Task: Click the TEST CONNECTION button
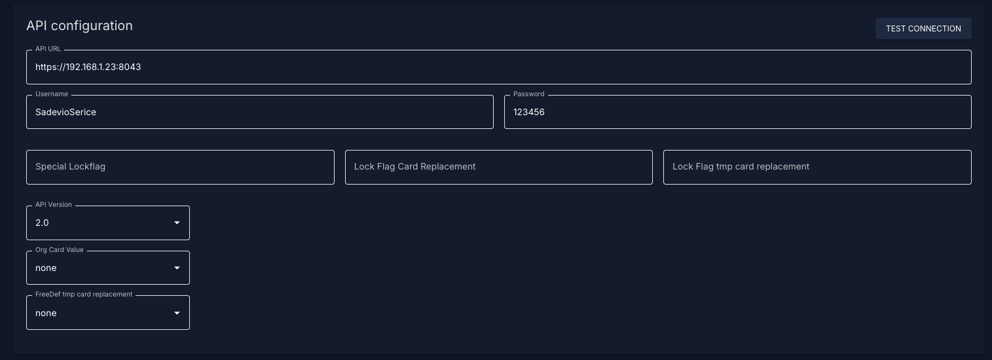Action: (x=923, y=28)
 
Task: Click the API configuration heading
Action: (x=79, y=26)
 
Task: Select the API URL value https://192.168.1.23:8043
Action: (x=88, y=67)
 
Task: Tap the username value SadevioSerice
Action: (x=65, y=112)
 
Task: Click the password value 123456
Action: (x=529, y=112)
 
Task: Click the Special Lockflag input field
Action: (x=180, y=167)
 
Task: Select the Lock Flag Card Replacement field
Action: (x=499, y=167)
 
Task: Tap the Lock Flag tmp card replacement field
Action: (x=817, y=167)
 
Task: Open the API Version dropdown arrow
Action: (x=177, y=223)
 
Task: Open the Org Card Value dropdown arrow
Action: (x=177, y=268)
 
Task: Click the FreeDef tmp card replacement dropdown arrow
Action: (x=177, y=313)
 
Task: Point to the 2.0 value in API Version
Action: (x=42, y=223)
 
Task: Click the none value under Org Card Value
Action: (x=46, y=268)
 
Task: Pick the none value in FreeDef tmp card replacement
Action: (x=46, y=313)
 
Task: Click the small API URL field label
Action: (x=48, y=48)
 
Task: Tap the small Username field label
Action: (x=52, y=94)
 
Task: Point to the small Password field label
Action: (x=529, y=94)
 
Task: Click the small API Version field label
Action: (x=54, y=205)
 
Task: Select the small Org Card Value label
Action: (x=60, y=250)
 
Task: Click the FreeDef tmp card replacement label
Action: (x=84, y=294)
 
